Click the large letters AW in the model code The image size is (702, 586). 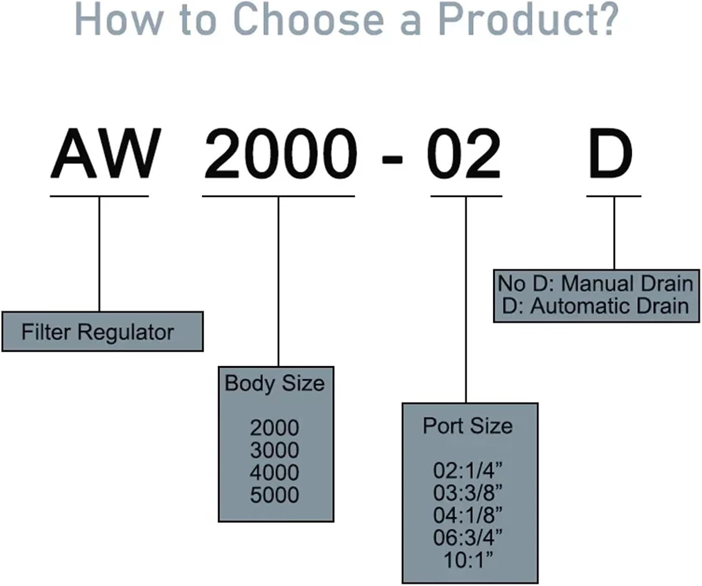tap(106, 154)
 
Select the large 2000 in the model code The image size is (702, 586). tap(280, 154)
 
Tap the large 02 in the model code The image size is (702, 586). tap(464, 154)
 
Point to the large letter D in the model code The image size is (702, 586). tap(611, 154)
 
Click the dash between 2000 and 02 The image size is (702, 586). tap(392, 159)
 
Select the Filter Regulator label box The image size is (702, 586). tap(102, 332)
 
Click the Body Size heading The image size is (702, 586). tap(275, 383)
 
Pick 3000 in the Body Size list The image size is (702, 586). tap(275, 450)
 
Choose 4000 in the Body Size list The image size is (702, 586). tap(275, 472)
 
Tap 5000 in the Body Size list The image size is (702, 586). tap(275, 495)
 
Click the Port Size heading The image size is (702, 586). tap(468, 426)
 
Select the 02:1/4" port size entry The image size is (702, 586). tap(468, 470)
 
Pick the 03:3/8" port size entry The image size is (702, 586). tap(468, 492)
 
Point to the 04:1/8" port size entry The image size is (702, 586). tap(468, 515)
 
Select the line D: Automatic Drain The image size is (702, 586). tap(595, 306)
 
